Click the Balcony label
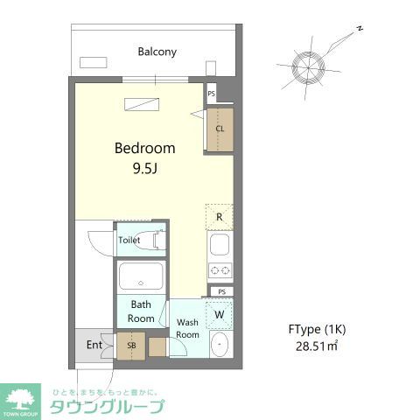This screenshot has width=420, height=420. click(157, 52)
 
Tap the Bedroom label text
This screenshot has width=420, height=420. click(145, 148)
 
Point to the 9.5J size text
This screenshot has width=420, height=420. click(145, 168)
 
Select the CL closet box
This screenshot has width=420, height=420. click(220, 129)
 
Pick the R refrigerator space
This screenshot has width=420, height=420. click(220, 216)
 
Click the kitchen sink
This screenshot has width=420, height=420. click(220, 243)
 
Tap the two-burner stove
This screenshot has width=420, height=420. click(220, 269)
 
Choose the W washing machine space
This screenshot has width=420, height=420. click(219, 314)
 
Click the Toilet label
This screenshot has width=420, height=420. click(129, 240)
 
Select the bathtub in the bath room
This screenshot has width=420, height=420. click(141, 277)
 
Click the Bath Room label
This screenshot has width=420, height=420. click(141, 311)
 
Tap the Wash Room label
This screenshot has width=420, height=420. click(188, 328)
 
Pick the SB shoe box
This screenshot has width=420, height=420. click(131, 345)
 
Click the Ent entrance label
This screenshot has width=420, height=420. click(94, 345)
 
